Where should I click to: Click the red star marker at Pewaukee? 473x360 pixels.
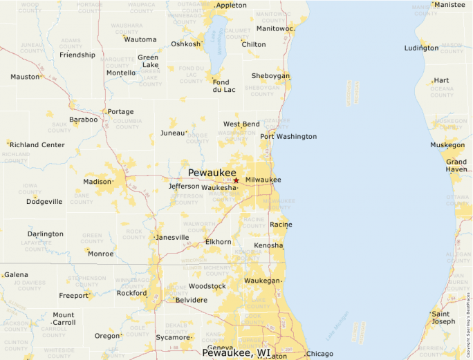[236, 180]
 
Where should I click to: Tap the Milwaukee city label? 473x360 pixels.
[263, 180]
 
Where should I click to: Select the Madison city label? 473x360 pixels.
[97, 182]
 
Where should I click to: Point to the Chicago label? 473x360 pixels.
[319, 354]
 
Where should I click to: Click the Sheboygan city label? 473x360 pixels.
[270, 76]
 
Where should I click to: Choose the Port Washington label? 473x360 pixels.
[288, 136]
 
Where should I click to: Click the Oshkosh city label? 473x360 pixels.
[185, 44]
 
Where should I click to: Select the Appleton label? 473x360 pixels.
[232, 5]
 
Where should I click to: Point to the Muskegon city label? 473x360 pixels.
[447, 145]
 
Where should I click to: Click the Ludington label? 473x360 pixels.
[422, 48]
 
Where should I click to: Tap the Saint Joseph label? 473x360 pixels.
[444, 318]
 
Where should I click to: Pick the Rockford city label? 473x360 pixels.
[131, 293]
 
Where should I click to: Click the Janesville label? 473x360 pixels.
[173, 237]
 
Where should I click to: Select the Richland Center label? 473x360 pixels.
[37, 145]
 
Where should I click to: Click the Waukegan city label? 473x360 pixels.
[262, 281]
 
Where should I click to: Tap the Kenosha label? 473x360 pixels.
[268, 245]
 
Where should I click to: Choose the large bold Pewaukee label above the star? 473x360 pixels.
[212, 172]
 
